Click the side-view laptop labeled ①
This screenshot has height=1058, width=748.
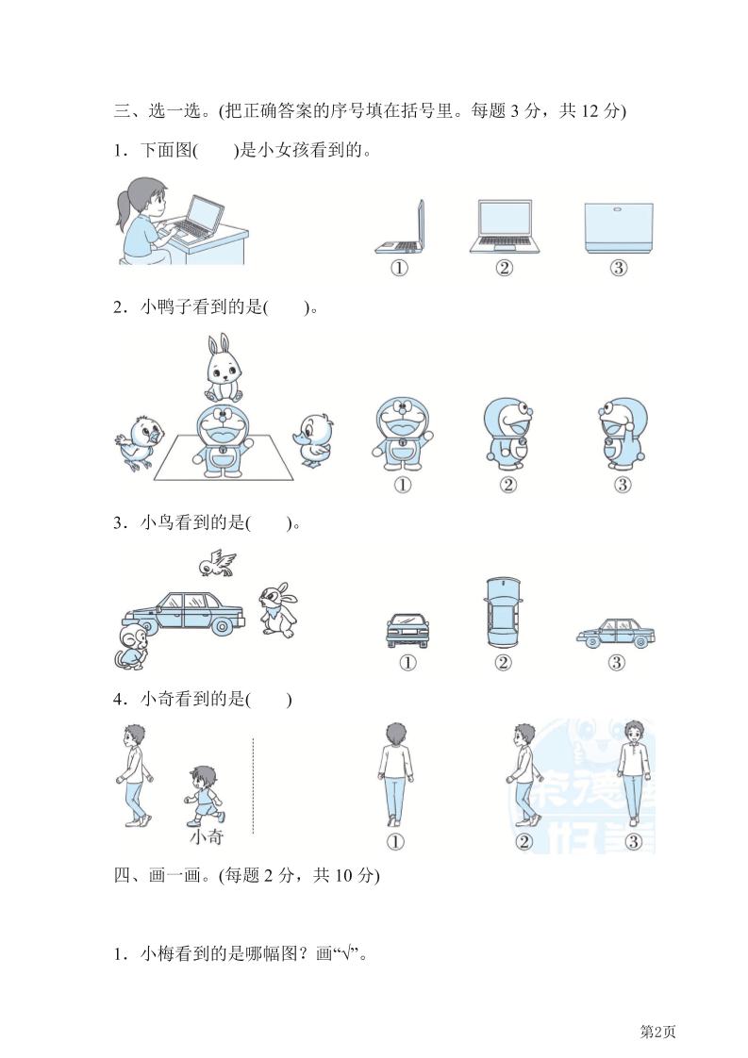[400, 227]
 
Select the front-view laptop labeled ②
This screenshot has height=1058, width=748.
[505, 226]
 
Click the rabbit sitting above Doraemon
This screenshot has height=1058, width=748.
[224, 369]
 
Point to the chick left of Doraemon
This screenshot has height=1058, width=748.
[138, 442]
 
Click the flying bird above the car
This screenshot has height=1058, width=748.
[217, 563]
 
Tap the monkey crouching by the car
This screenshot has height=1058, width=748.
[132, 646]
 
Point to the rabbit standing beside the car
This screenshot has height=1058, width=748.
[277, 611]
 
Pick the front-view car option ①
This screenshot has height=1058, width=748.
[407, 630]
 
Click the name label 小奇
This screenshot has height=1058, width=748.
[207, 837]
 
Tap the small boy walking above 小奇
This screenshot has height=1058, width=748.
[203, 796]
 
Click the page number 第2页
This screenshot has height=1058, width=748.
[657, 1032]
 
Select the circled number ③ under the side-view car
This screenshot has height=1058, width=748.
[616, 663]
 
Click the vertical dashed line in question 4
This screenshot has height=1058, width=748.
[253, 785]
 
